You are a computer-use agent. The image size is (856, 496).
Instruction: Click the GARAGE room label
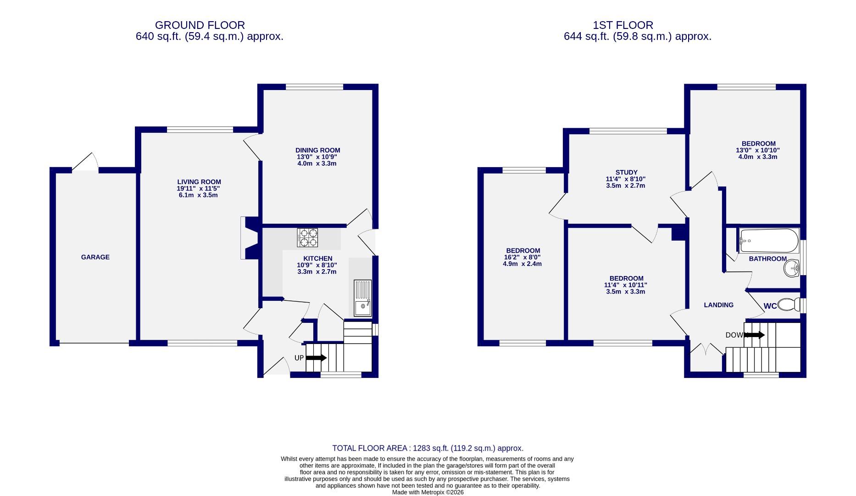(95, 257)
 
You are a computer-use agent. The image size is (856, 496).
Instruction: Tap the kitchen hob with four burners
(307, 237)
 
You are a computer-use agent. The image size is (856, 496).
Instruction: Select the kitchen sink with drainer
(362, 298)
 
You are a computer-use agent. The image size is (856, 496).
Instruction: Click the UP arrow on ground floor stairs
(317, 358)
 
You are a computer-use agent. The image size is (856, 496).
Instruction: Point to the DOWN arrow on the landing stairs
(755, 335)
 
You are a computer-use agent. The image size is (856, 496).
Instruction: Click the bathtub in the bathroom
(769, 241)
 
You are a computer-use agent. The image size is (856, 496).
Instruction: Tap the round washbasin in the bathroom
(792, 268)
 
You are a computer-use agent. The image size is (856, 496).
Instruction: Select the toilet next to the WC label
(789, 304)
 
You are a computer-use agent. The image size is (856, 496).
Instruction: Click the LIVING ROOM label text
(199, 182)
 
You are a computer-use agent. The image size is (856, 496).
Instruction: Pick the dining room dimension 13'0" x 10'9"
(317, 157)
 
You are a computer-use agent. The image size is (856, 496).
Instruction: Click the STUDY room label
(626, 173)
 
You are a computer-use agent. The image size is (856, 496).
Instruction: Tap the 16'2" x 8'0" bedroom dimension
(522, 258)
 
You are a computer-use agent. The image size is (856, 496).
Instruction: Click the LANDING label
(718, 305)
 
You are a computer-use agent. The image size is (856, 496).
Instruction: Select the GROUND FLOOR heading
(200, 25)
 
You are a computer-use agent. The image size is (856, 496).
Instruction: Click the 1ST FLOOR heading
(623, 25)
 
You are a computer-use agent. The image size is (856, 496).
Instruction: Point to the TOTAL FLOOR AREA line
(428, 448)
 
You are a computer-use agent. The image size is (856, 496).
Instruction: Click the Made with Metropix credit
(428, 492)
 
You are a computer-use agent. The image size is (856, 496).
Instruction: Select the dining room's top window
(314, 87)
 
